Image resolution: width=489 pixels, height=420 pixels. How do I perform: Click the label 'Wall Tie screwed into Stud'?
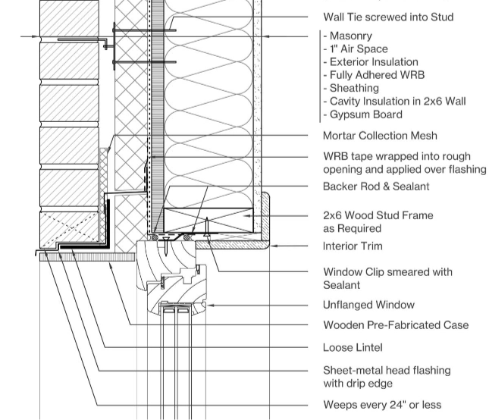tap(388, 17)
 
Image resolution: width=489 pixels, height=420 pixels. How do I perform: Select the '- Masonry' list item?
tap(350, 36)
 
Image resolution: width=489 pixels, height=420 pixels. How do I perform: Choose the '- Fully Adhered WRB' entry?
tap(374, 75)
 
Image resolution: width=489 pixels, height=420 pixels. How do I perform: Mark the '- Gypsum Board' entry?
tap(362, 114)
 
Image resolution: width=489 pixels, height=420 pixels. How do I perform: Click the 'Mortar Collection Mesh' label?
tap(380, 136)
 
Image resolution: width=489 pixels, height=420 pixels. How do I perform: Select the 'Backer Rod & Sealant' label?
tap(376, 186)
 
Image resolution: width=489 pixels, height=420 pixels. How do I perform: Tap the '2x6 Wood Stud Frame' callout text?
tap(378, 215)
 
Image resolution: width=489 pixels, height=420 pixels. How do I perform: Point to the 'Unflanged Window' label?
tap(368, 305)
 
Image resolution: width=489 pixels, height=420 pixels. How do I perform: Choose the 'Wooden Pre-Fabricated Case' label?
tap(396, 325)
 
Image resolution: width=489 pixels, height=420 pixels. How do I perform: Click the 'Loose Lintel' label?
tap(353, 348)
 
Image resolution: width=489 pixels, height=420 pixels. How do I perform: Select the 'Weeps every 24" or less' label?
tap(382, 405)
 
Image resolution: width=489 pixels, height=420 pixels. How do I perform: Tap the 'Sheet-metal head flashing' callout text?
tap(387, 371)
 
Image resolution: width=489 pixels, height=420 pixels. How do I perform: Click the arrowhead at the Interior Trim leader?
tap(274, 246)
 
